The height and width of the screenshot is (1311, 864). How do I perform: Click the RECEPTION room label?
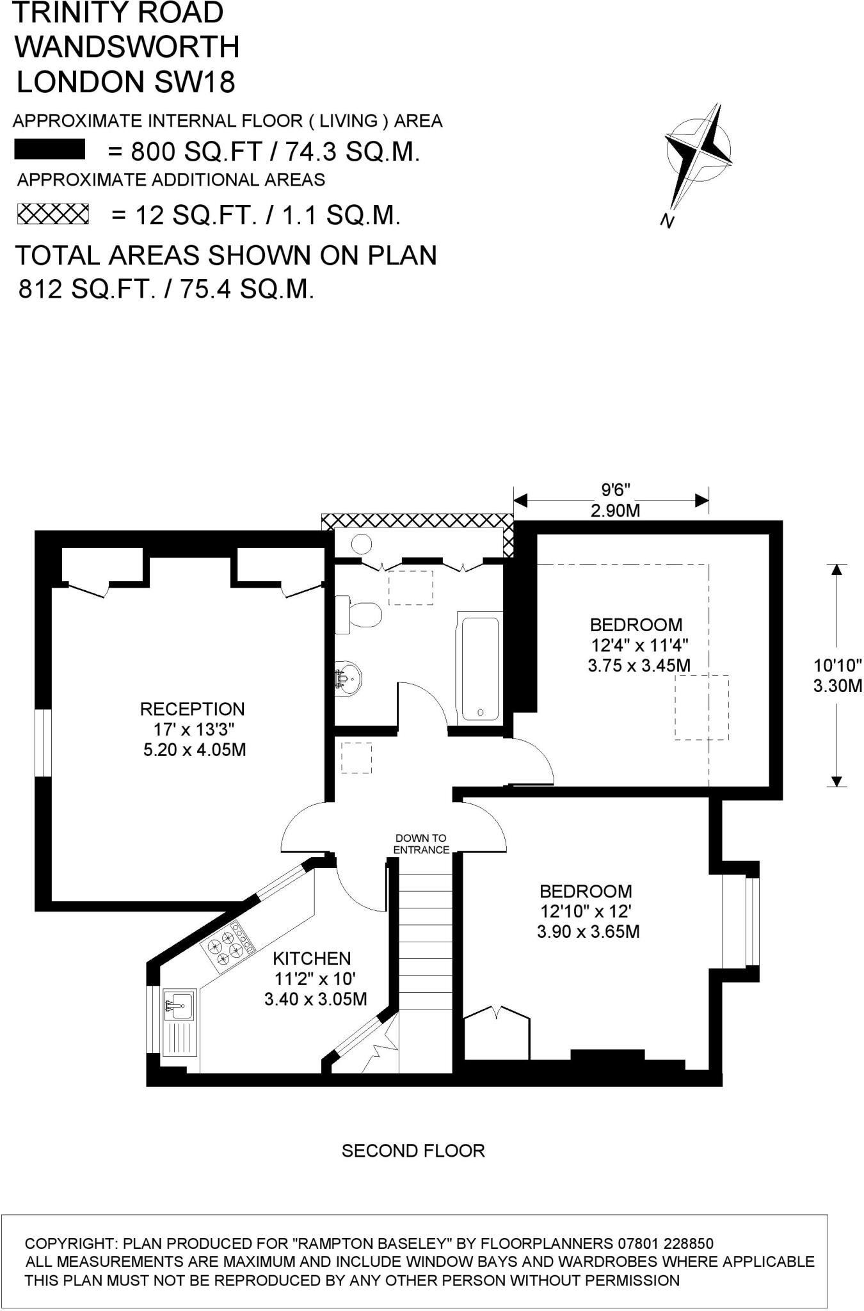coord(192,709)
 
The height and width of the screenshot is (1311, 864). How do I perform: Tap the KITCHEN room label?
coord(312,958)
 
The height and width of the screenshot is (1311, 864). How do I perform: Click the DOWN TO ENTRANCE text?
coord(420,844)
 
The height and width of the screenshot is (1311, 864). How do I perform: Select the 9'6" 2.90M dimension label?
coord(616,500)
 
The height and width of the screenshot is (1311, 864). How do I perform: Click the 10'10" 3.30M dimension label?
coord(836,675)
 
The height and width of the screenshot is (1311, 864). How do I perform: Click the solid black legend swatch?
coord(50,150)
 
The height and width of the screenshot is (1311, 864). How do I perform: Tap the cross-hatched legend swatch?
coord(52,214)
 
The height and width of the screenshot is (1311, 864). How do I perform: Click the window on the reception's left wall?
coord(42,743)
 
